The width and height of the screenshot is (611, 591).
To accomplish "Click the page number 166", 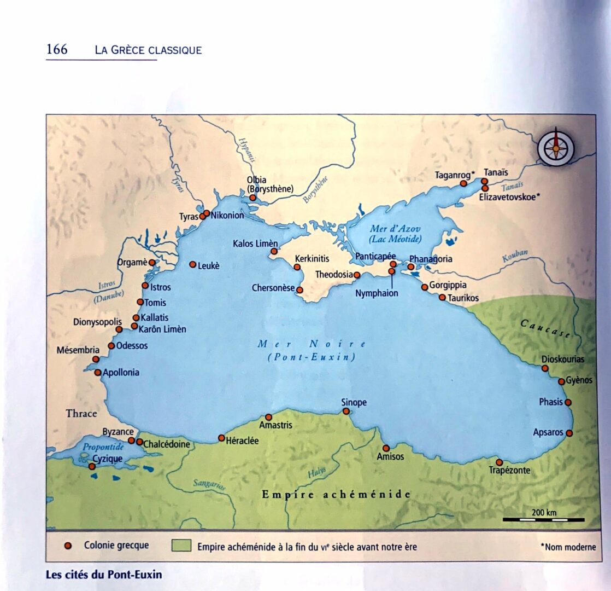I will tap(57, 49).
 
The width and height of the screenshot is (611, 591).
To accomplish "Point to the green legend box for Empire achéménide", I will tap(181, 546).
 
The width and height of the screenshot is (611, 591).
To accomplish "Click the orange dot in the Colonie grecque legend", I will tap(68, 546).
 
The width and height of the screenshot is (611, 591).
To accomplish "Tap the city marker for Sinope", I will tap(346, 411).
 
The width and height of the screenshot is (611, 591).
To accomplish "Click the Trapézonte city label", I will tap(509, 470).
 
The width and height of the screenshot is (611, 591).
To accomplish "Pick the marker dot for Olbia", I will tap(252, 198).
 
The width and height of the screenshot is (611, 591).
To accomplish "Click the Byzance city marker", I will tap(131, 440).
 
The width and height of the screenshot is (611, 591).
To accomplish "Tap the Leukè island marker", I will tap(192, 264).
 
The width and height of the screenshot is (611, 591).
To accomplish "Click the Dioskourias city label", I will tap(563, 359).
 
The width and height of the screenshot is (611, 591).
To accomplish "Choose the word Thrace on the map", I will tap(81, 413).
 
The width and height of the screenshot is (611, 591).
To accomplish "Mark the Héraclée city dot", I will tap(221, 438).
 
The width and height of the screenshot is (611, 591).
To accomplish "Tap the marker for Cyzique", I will tap(92, 466).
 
